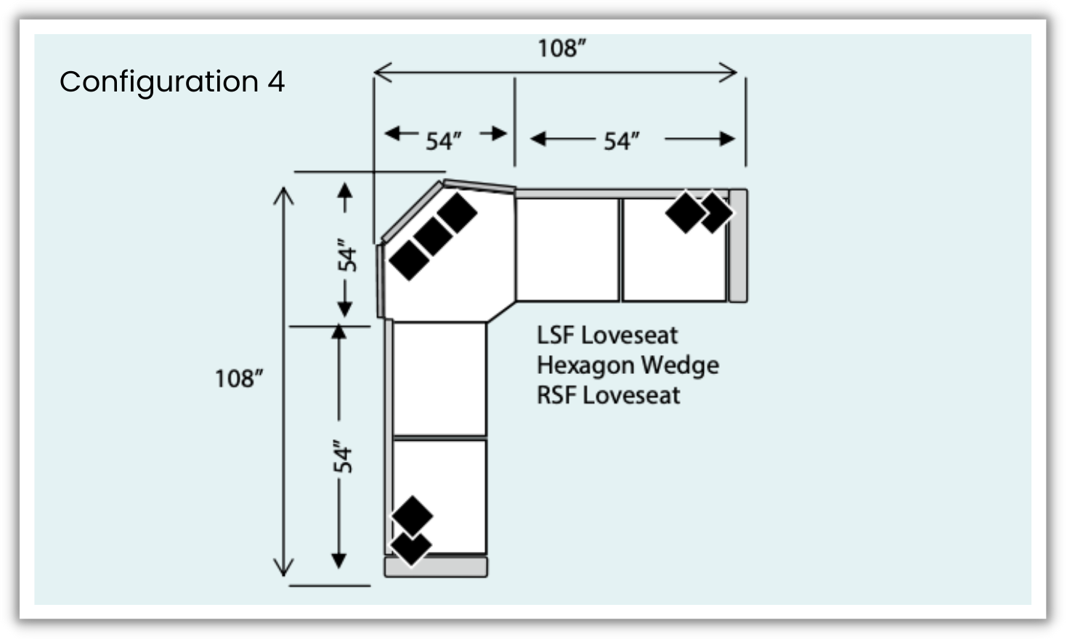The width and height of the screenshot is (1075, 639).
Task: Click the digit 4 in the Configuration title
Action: point(276,81)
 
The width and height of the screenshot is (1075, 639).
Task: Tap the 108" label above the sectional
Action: point(561,49)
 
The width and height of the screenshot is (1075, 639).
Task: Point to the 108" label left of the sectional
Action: point(238,378)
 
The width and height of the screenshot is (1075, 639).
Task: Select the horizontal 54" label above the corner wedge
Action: point(443,140)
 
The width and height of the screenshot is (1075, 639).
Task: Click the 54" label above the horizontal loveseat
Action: point(622,140)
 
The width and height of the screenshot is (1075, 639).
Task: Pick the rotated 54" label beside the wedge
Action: point(347,255)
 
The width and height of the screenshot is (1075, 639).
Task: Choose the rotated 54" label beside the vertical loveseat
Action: point(343,456)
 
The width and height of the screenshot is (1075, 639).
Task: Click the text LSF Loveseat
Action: point(607,335)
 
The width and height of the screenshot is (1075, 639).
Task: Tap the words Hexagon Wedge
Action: point(628,365)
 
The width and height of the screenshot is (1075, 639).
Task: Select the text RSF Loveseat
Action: point(609,396)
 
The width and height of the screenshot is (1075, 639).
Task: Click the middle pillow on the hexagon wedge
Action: point(433,236)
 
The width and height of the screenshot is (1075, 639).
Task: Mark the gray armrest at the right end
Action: point(738,245)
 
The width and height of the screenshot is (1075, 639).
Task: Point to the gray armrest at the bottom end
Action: point(436,567)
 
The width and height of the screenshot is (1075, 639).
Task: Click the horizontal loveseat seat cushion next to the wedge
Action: point(567,249)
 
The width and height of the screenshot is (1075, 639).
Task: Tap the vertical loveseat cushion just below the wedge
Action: point(439,379)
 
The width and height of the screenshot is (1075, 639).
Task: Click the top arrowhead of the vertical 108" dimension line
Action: point(283,195)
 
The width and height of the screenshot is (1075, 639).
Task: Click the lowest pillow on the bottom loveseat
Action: point(410,547)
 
